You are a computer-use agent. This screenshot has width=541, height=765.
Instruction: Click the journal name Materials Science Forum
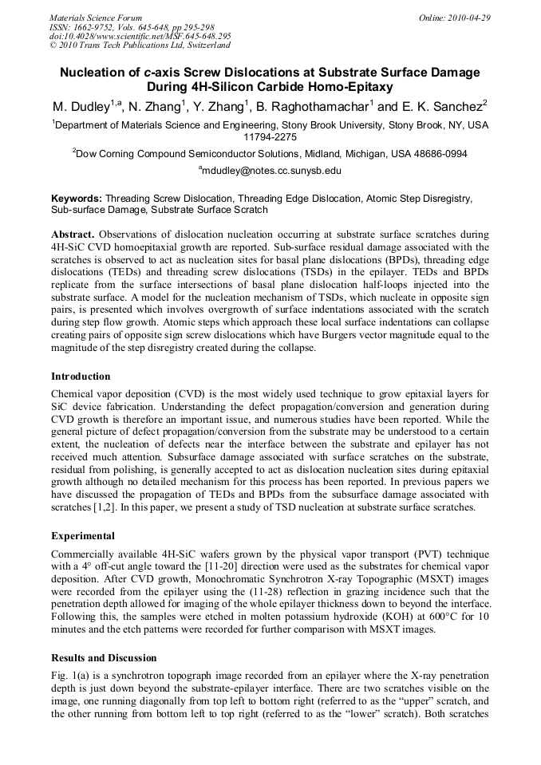tap(96, 17)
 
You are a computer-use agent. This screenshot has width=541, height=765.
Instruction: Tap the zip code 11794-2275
tap(270, 137)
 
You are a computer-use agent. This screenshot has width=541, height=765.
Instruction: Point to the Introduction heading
tap(81, 376)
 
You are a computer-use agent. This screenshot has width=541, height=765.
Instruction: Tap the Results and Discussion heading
tap(104, 658)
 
